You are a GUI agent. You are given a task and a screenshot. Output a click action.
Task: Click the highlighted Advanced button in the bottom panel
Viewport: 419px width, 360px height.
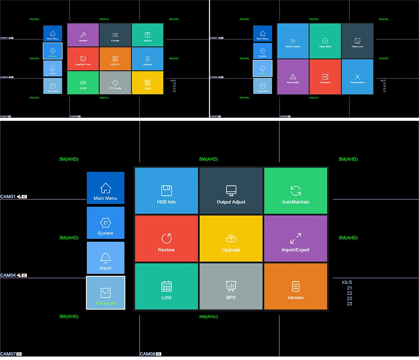[x=106, y=293]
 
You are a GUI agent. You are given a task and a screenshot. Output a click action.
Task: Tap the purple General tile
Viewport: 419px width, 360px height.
[x=83, y=35]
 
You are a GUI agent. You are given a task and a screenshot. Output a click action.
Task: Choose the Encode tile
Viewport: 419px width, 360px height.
[x=115, y=35]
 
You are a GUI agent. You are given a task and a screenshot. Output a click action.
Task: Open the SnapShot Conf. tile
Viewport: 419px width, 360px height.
[x=83, y=59]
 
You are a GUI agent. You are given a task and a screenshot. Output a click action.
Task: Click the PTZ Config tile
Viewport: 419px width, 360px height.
[x=115, y=83]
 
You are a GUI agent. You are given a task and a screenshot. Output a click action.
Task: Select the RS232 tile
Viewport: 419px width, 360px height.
[x=83, y=83]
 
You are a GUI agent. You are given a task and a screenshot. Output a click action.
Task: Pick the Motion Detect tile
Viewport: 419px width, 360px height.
[x=293, y=41]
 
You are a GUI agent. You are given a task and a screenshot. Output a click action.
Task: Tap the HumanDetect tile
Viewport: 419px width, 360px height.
[x=357, y=77]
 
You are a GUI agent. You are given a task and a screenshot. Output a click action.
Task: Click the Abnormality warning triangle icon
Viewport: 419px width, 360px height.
[x=293, y=76]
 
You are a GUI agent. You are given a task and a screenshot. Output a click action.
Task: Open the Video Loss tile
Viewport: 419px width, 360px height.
[x=357, y=41]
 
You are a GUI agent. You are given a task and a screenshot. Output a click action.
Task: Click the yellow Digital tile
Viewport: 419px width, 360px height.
[x=147, y=83]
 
